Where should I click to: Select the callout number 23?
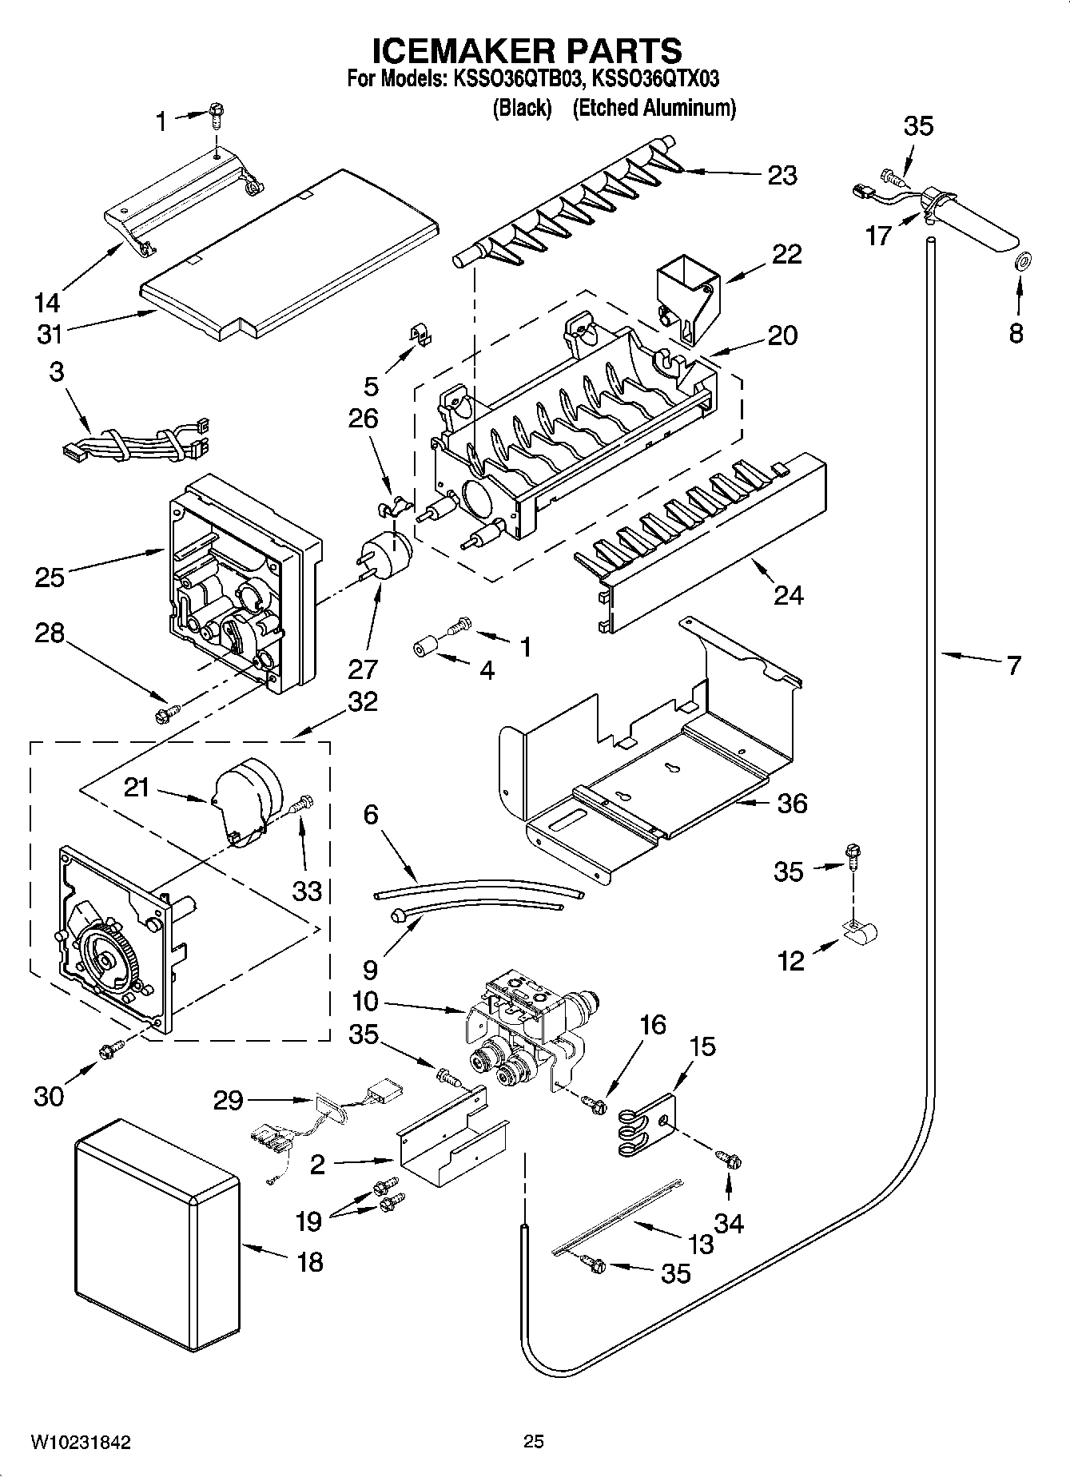[x=782, y=175]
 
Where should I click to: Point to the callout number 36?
[x=791, y=803]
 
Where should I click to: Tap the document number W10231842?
[x=81, y=1442]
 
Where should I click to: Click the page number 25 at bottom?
[x=534, y=1441]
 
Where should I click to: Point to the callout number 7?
[x=1012, y=665]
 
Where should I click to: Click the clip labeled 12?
[x=861, y=930]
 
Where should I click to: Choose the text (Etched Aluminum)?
[x=654, y=108]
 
